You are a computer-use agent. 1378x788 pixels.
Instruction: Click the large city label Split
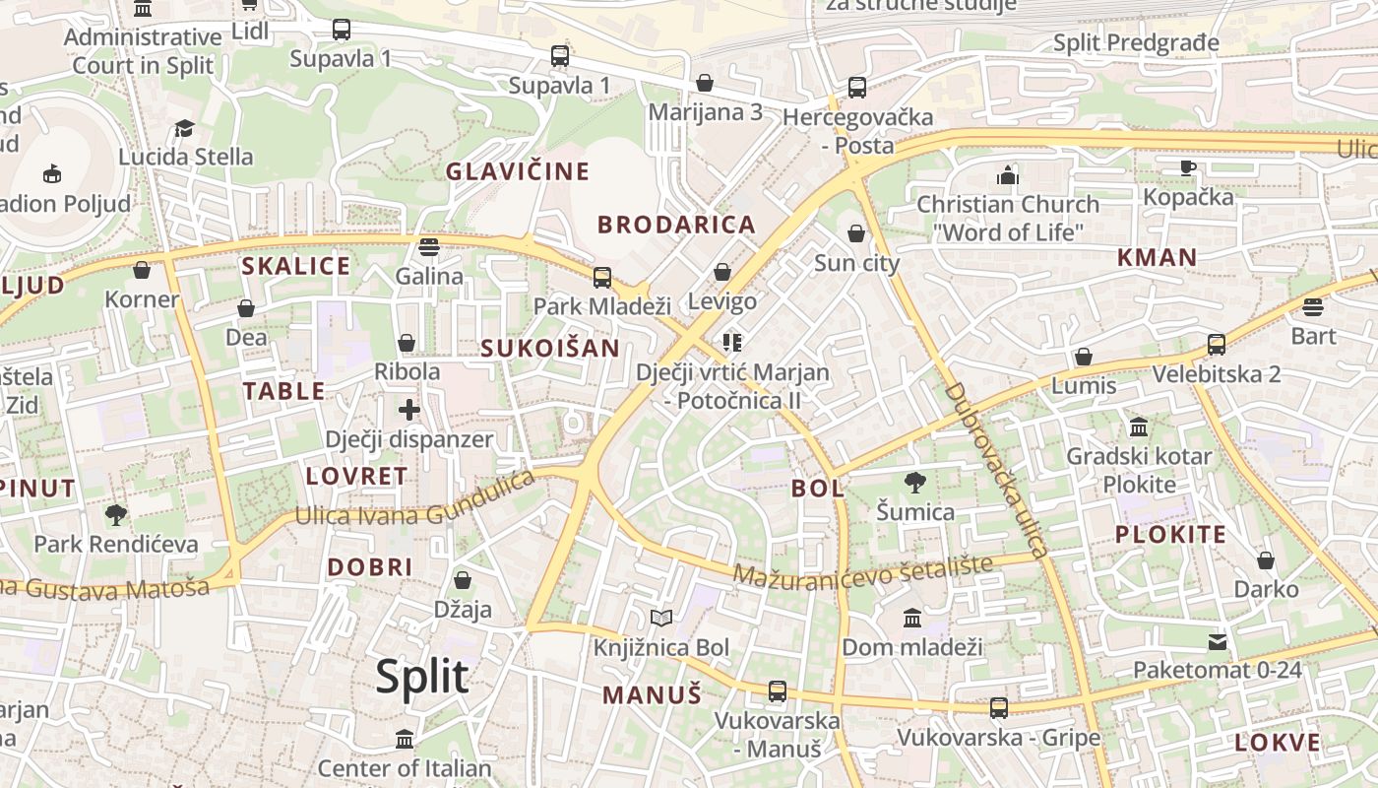click(422, 677)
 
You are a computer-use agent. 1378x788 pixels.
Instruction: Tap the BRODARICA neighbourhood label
click(676, 225)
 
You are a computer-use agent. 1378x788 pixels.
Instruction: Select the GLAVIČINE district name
click(518, 171)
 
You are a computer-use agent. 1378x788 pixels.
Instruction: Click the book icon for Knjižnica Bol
click(661, 619)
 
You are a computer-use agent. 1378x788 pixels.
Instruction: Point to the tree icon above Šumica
click(915, 483)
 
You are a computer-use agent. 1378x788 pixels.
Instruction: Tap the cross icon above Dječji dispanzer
click(409, 410)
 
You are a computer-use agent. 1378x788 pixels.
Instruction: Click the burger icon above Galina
click(428, 246)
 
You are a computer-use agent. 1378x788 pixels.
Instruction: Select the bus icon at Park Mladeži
click(601, 278)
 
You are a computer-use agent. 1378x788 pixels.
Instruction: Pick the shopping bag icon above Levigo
click(722, 272)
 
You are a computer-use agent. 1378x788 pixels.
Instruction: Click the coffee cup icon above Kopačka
click(1188, 167)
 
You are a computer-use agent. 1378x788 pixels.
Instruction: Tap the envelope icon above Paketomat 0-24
click(1218, 642)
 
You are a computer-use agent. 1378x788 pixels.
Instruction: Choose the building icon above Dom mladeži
click(912, 619)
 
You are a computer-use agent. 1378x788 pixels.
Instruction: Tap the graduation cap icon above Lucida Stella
click(184, 128)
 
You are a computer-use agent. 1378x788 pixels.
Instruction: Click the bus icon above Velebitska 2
click(1217, 345)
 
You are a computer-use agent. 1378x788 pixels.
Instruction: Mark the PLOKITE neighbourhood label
click(1170, 535)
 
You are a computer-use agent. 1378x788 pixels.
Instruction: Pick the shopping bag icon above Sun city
click(856, 233)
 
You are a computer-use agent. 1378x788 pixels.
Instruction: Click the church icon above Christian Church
click(1008, 175)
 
